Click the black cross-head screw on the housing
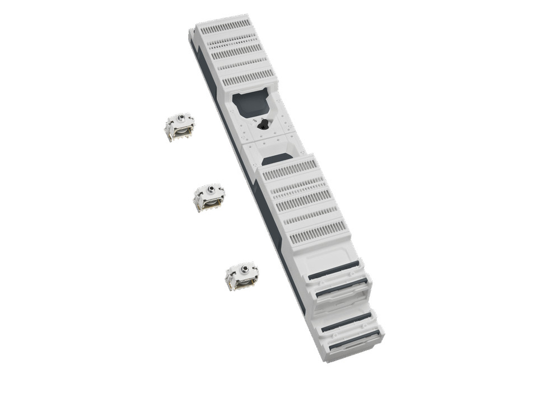263,125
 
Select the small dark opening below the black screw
277,160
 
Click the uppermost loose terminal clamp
179,126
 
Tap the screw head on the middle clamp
211,189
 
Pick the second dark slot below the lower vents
341,288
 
